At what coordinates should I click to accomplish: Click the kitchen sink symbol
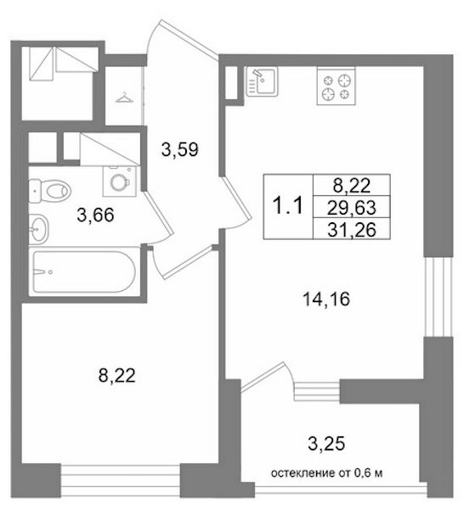262,81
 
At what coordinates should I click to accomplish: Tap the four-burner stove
337,86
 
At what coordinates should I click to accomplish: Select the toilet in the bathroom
50,191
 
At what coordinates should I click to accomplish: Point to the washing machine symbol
119,182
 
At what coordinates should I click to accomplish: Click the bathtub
84,271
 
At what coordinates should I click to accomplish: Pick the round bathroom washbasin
39,229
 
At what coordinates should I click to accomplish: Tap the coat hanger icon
125,97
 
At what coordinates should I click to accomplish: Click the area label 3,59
180,150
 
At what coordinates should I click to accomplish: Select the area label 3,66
95,215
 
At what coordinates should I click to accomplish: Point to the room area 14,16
326,299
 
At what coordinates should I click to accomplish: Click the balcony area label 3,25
326,444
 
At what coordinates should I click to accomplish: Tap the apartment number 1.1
288,206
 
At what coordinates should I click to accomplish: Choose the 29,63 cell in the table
352,208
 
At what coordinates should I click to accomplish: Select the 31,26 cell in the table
352,229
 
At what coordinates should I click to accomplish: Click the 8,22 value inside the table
352,186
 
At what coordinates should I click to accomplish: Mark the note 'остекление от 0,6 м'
326,473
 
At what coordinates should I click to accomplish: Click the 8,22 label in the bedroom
116,376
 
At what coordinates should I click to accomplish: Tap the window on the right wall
439,297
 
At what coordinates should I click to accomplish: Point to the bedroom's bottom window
121,481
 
